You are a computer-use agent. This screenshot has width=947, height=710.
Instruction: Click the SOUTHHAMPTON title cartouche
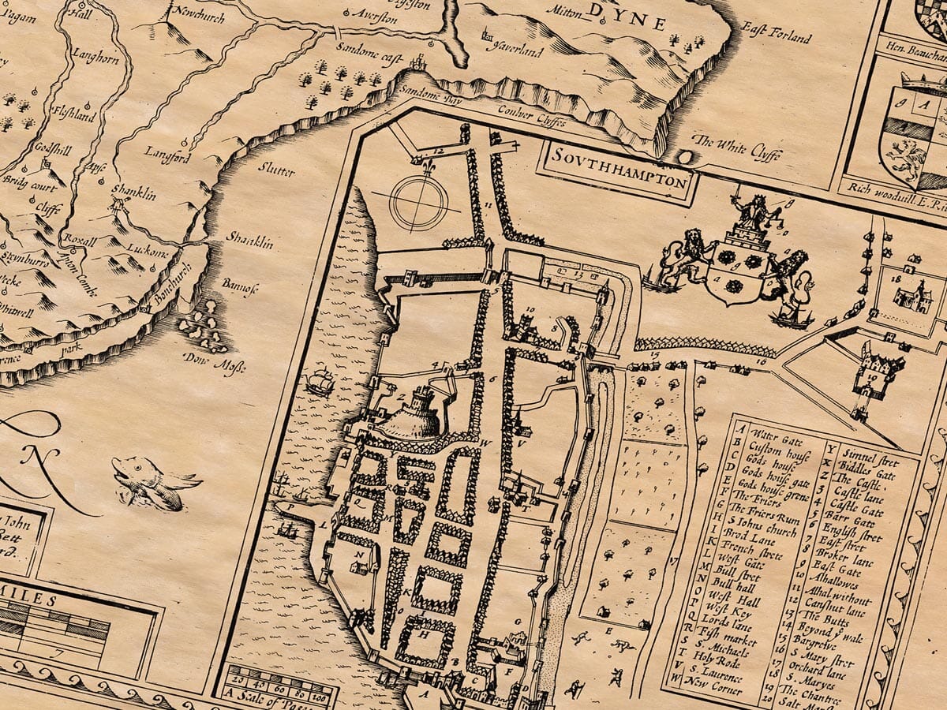[x=618, y=170]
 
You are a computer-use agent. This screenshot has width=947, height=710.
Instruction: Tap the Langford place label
[x=169, y=157]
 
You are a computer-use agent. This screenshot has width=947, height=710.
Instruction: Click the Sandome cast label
[x=369, y=60]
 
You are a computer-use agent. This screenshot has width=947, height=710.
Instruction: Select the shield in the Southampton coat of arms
[x=734, y=276]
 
